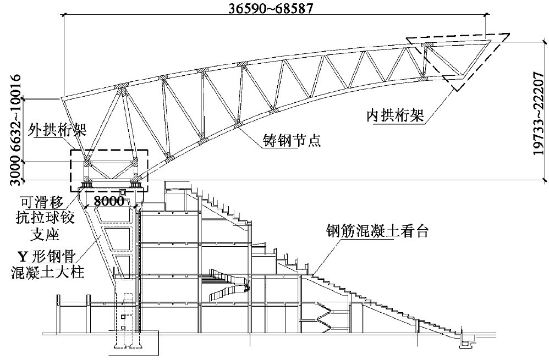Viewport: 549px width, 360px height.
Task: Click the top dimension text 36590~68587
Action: (x=274, y=8)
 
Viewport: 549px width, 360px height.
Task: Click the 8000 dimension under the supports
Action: (x=109, y=201)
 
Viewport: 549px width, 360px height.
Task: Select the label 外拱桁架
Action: (x=53, y=134)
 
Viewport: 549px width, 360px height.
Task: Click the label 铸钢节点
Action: (x=290, y=140)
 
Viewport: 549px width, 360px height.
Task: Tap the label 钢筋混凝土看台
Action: (x=377, y=231)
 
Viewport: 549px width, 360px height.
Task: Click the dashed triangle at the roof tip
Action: (x=457, y=55)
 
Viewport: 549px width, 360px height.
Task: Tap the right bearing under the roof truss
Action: (x=135, y=184)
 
